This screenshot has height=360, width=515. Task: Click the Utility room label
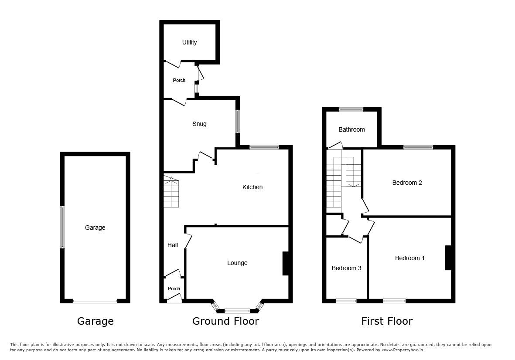(x=190, y=42)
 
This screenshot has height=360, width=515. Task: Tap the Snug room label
(x=199, y=124)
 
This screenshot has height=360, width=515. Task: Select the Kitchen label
(x=252, y=187)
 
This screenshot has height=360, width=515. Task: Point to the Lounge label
(x=237, y=263)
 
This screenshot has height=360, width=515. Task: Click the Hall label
(x=172, y=245)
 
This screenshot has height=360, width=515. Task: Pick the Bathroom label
(x=351, y=129)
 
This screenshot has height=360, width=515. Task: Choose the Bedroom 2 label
(x=407, y=183)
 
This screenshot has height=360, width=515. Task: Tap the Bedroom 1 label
(x=409, y=258)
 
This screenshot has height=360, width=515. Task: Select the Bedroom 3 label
(x=346, y=268)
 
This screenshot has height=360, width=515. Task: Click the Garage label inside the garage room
(x=95, y=228)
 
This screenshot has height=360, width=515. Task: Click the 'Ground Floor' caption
(x=225, y=321)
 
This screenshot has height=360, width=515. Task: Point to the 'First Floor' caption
(x=387, y=321)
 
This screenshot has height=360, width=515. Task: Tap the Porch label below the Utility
(x=179, y=80)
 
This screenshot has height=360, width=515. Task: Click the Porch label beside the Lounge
(x=174, y=289)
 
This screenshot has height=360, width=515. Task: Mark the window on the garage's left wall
(x=62, y=227)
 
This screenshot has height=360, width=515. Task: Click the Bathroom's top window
(x=351, y=109)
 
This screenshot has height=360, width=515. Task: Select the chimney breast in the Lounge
(x=286, y=263)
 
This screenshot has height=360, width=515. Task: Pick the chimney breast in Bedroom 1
(x=448, y=258)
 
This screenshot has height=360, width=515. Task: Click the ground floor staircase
(x=171, y=191)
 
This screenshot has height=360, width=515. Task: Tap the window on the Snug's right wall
(x=237, y=122)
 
